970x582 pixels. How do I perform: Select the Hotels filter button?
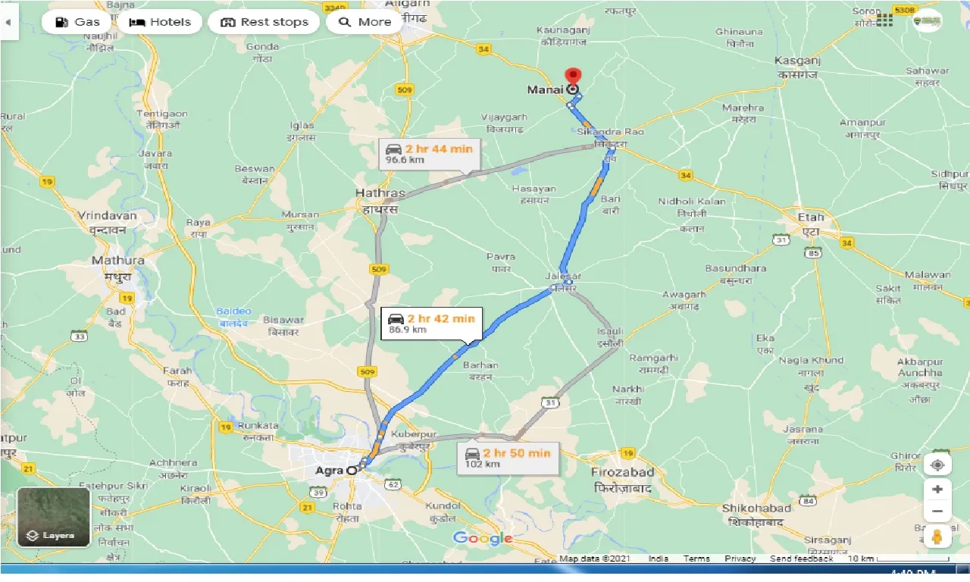point(159,22)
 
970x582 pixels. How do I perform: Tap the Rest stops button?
point(264,22)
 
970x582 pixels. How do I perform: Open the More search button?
point(365,22)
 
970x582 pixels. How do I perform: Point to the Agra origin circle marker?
point(352,471)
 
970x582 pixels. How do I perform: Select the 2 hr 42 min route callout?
point(431,323)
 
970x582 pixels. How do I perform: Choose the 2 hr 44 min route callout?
point(429,154)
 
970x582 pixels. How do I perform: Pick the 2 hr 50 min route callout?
point(508,458)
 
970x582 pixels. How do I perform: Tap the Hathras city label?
point(380,194)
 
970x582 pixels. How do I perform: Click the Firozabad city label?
point(622,472)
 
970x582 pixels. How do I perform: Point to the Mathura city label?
point(117,261)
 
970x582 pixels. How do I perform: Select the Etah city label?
point(810,217)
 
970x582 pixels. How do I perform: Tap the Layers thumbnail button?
point(54,518)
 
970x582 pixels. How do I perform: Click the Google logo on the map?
point(483,538)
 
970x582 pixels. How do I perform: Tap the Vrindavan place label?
point(107,216)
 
